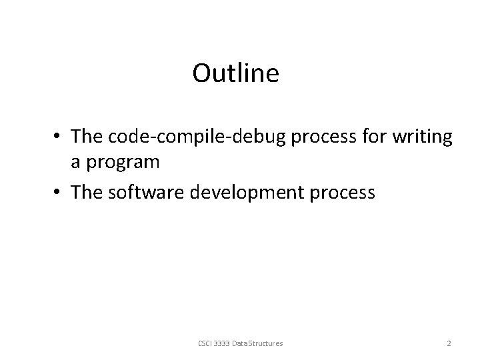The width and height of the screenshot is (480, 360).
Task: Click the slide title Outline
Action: (235, 73)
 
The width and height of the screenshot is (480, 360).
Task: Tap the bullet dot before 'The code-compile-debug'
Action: (59, 137)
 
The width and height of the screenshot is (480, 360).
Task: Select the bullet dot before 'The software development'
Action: (59, 193)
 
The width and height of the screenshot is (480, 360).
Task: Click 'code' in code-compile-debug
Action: (125, 136)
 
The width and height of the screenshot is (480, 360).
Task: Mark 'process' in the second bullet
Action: (345, 193)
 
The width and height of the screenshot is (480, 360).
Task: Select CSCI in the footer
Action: (205, 343)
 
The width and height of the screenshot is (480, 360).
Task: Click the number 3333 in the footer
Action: (224, 343)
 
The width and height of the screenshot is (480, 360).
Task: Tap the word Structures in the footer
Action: (267, 343)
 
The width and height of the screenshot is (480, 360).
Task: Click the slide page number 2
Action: (449, 343)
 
